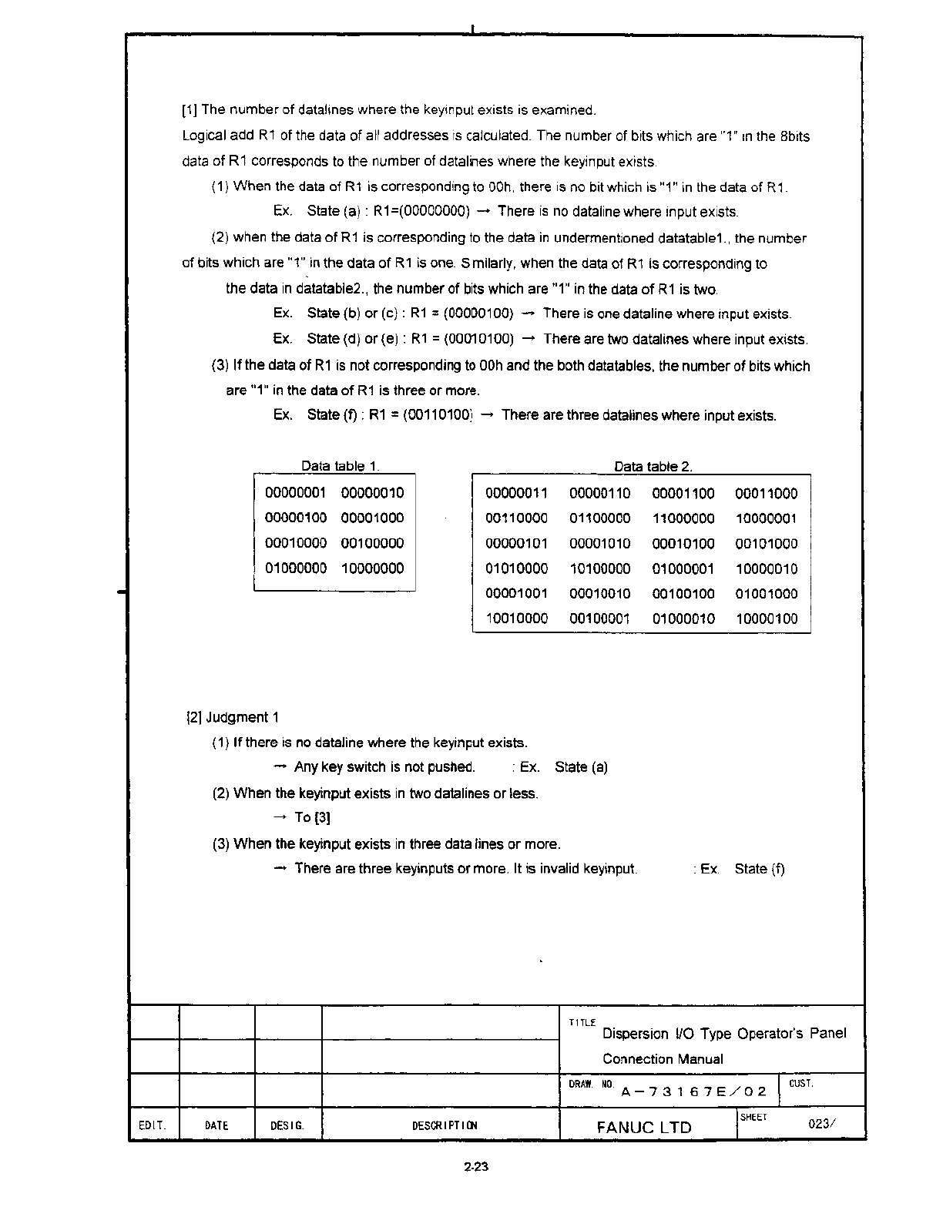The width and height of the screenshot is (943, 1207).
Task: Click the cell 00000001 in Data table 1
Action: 296,493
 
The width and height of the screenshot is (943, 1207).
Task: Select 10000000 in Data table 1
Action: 372,568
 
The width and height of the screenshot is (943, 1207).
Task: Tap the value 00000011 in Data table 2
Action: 516,494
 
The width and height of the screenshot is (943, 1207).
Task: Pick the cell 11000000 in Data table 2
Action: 683,518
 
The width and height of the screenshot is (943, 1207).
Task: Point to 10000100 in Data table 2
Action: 767,619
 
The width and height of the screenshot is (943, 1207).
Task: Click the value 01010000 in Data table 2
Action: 516,568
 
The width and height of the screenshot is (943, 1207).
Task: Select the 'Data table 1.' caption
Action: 340,466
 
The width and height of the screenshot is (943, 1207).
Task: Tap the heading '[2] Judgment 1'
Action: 233,717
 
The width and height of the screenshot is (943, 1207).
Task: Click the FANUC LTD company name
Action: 644,1127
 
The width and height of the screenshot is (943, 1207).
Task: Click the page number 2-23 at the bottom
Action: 477,1167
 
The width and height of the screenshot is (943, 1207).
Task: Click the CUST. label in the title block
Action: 801,1084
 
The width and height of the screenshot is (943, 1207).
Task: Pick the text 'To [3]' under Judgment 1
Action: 312,817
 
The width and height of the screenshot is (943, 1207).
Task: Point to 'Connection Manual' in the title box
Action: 663,1059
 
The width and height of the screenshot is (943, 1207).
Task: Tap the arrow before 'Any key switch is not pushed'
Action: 280,767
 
